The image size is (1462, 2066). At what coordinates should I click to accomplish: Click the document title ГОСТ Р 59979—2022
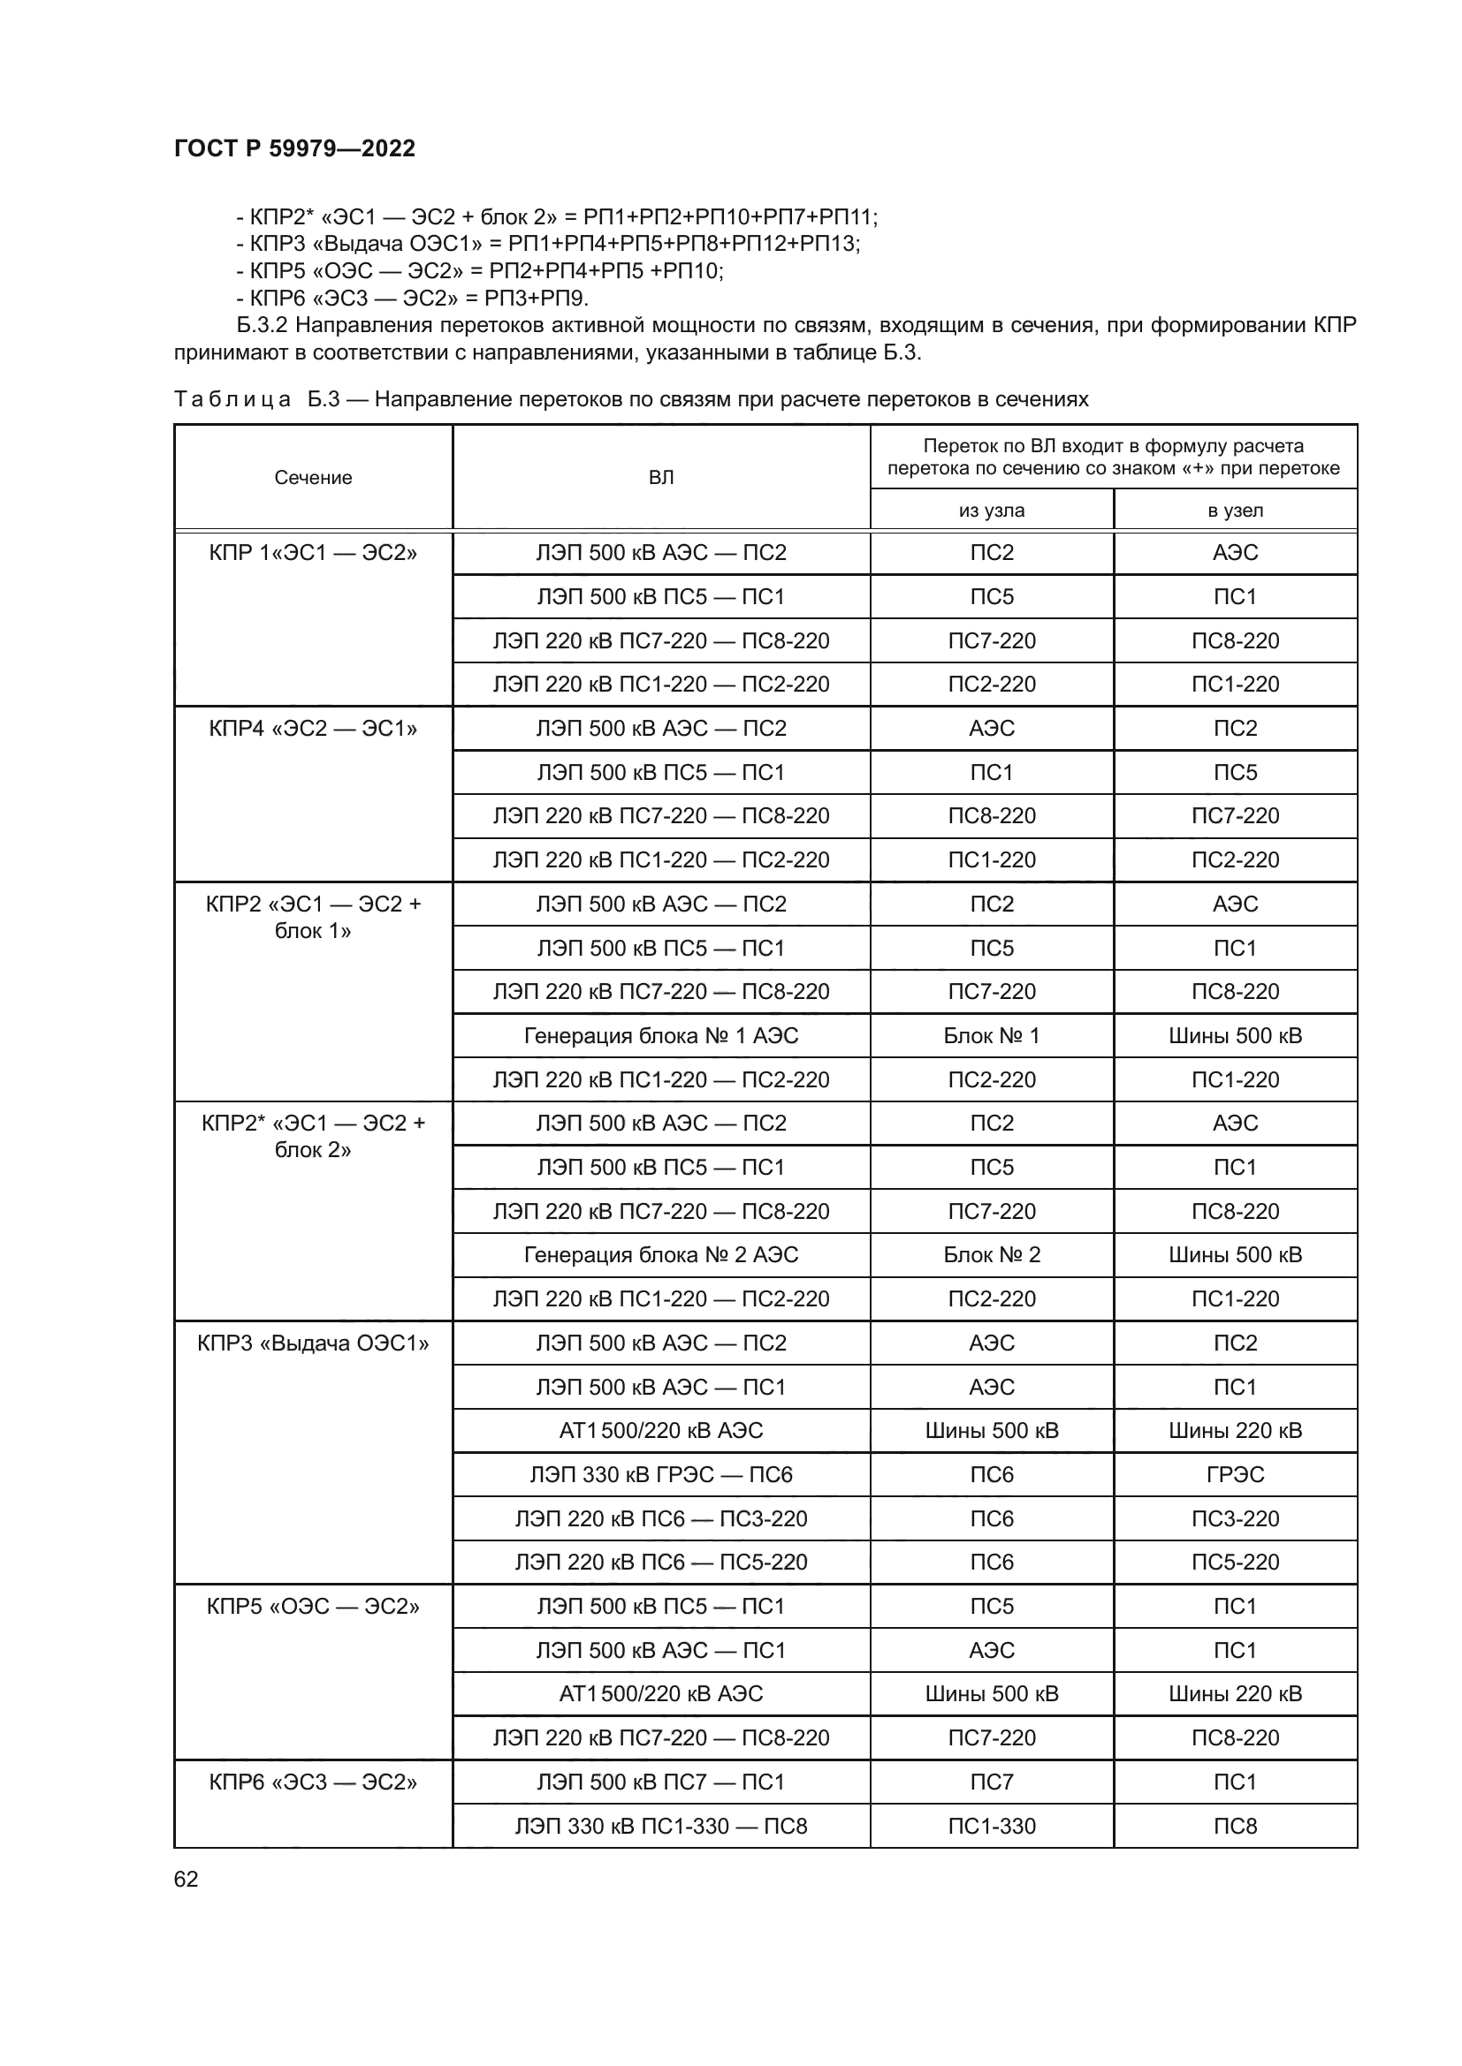point(294,148)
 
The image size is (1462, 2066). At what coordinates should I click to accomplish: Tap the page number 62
point(186,1879)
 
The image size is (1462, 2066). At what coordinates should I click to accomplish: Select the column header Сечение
point(312,478)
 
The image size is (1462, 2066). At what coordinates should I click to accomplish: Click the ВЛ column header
point(661,478)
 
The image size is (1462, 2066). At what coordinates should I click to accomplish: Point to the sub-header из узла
point(991,511)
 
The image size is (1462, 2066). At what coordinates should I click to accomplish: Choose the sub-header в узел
point(1235,511)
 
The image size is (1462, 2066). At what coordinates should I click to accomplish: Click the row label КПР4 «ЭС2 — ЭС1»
point(312,728)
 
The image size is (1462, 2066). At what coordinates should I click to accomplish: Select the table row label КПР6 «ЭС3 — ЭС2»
point(312,1782)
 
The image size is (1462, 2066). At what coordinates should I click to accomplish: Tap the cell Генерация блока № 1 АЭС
point(661,1036)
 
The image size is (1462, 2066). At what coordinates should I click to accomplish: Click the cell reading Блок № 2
point(991,1254)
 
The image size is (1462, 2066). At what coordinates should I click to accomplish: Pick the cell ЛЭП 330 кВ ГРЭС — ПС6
point(661,1474)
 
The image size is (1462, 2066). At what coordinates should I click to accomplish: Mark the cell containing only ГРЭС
point(1235,1474)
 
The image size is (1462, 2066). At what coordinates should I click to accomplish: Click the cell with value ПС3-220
point(1235,1519)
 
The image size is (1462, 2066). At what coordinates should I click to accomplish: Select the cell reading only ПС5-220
point(1235,1563)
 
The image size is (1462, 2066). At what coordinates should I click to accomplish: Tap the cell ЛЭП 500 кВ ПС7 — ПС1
point(661,1782)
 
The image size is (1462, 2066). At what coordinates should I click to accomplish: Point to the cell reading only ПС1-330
point(991,1826)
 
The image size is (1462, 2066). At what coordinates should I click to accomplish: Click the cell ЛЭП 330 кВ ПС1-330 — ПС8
point(661,1826)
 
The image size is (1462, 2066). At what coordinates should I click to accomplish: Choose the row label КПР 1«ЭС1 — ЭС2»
point(312,552)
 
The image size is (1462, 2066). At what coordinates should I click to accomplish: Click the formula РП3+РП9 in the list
point(536,298)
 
